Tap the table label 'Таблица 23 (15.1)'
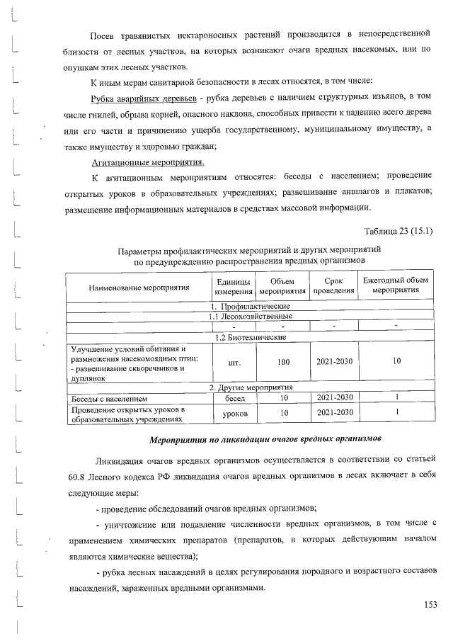398,231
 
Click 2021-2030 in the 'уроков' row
334,412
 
